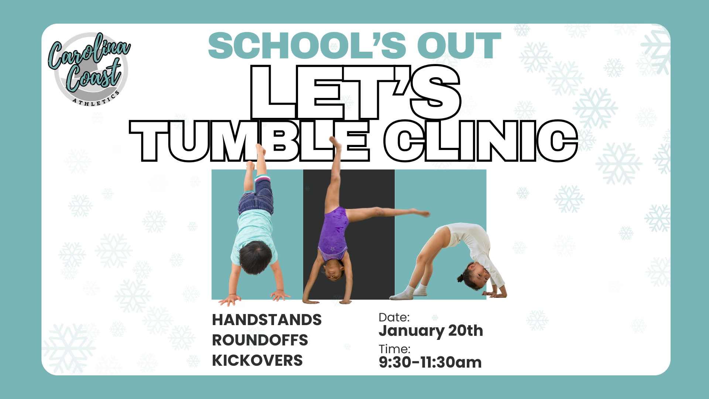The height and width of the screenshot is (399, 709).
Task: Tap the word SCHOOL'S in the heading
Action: pos(307,46)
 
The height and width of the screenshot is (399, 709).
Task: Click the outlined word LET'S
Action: pos(356,92)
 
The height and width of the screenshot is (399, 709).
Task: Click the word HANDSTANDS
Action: pos(267,320)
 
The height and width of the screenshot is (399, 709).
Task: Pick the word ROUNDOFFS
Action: pos(260,340)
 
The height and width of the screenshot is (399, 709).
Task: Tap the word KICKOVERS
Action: pos(257,361)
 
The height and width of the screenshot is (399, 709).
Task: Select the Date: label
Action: pos(394,317)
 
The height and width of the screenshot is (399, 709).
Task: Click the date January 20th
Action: pos(431,331)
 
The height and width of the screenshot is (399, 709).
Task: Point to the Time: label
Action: pos(394,349)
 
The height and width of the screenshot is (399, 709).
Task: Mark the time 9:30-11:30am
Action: pos(430,362)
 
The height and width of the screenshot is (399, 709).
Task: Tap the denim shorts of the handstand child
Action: pos(256,196)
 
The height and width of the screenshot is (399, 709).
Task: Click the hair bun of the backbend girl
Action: pos(460,278)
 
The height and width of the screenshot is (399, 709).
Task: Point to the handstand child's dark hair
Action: pos(255,258)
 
